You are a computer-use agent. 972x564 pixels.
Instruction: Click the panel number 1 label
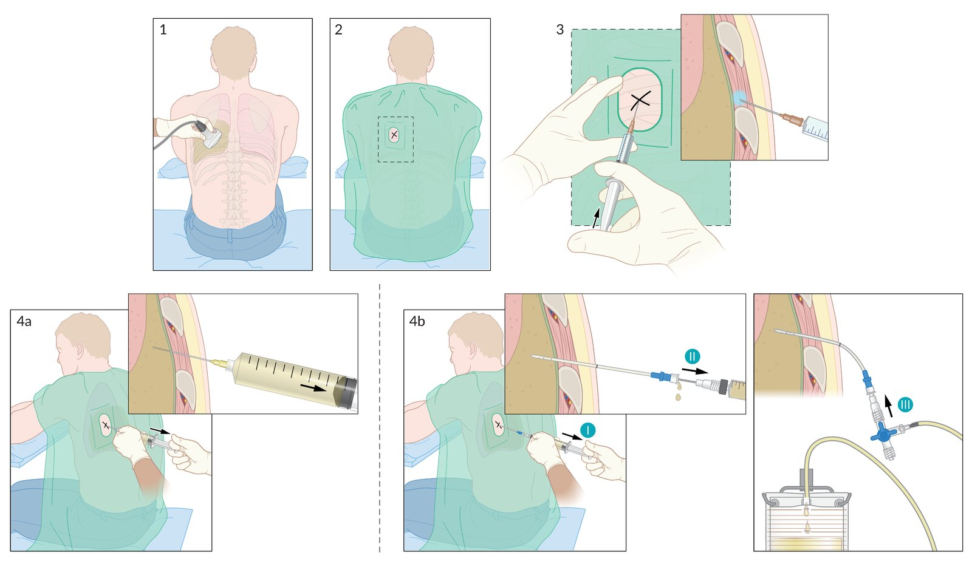pos(163,30)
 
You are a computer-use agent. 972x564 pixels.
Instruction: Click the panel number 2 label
pos(338,30)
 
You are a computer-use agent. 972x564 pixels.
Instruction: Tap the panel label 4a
pos(24,322)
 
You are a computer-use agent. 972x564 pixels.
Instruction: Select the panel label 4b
pos(417,322)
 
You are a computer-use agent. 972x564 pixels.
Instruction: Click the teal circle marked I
pos(587,430)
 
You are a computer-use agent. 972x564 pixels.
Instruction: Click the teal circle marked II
pos(692,356)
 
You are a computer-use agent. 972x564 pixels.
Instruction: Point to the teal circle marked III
pos(905,404)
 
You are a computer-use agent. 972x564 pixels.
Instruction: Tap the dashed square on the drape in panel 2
pos(395,139)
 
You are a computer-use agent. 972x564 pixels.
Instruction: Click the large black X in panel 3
pos(640,101)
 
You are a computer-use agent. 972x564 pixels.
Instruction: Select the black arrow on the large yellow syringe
pos(313,387)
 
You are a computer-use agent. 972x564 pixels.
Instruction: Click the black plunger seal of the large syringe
pos(348,392)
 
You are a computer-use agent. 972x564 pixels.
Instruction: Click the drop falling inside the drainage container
pos(807,526)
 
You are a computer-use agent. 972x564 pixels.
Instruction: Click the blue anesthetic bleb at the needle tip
pos(738,98)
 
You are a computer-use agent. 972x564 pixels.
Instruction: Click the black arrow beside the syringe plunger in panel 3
pos(597,217)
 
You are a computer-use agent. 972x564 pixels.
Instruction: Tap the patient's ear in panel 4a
pos(79,351)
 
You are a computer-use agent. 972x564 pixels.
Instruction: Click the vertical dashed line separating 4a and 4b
pos(380,419)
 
